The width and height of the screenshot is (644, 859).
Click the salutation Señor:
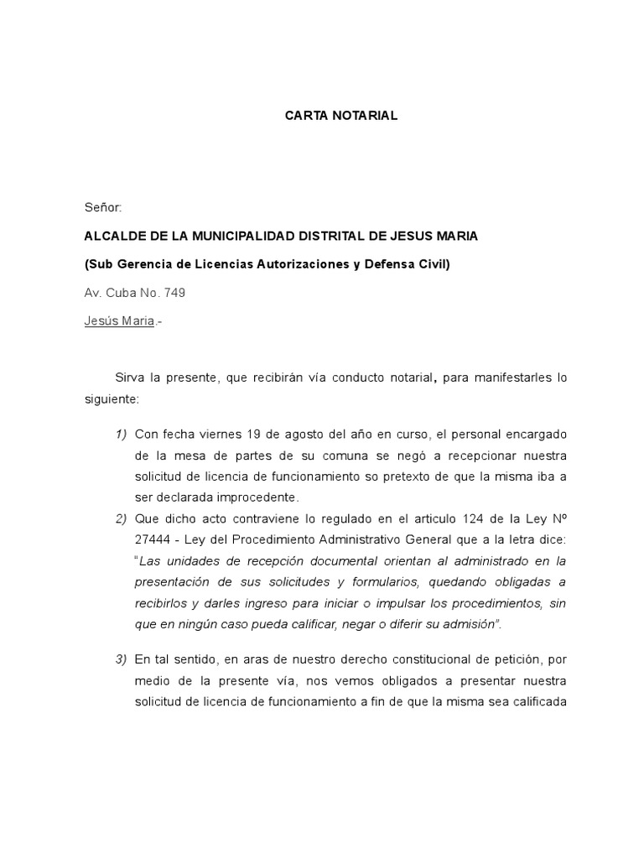pyautogui.click(x=103, y=206)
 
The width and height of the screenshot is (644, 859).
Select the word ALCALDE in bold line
pyautogui.click(x=113, y=236)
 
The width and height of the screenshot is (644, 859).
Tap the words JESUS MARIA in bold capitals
pyautogui.click(x=436, y=236)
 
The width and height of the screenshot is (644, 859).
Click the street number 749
pyautogui.click(x=176, y=293)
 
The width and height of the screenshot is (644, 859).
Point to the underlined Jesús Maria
pyautogui.click(x=119, y=321)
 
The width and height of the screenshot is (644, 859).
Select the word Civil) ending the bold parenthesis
pyautogui.click(x=432, y=264)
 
